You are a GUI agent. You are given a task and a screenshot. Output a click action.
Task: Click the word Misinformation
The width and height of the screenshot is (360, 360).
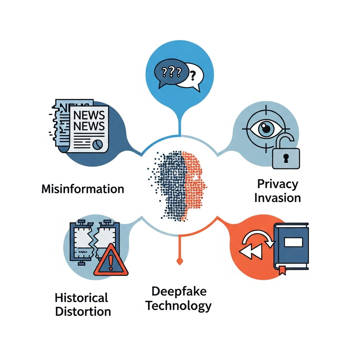coord(83,189)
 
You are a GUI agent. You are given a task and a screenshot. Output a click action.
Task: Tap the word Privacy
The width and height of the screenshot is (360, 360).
coord(277,184)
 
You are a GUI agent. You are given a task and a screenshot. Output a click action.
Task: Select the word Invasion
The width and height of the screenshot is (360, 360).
coord(277,198)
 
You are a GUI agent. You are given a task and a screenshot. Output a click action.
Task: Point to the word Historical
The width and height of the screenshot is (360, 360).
coord(81,298)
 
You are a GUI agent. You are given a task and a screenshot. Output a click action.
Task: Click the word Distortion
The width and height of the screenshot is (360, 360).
coord(83,311)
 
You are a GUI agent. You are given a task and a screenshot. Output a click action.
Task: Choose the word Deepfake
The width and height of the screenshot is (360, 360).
coord(179,291)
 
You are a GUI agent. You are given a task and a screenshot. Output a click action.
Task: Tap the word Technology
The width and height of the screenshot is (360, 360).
coord(179,306)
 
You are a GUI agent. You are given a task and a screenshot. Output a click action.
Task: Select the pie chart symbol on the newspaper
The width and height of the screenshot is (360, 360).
coord(98,144)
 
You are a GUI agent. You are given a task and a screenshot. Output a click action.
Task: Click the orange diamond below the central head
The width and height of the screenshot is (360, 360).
coord(180,261)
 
